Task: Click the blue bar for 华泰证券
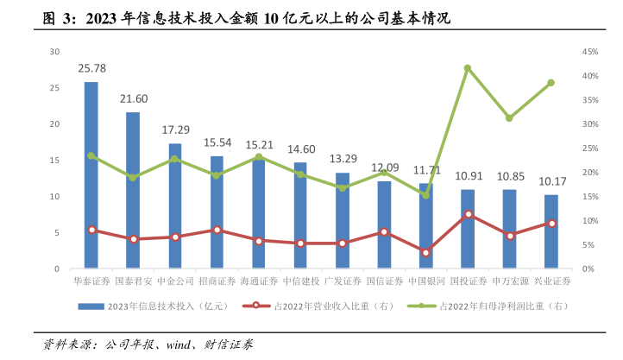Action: pyautogui.click(x=91, y=177)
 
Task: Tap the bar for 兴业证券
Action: pyautogui.click(x=551, y=231)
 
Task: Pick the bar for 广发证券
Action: pyautogui.click(x=342, y=221)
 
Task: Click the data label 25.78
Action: pyautogui.click(x=91, y=67)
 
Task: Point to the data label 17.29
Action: pyautogui.click(x=175, y=129)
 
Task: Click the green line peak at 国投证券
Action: pyautogui.click(x=467, y=67)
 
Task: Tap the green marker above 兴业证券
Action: pyautogui.click(x=551, y=83)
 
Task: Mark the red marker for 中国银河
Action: pyautogui.click(x=425, y=252)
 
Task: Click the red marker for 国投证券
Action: pyautogui.click(x=467, y=214)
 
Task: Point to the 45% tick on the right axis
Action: pyautogui.click(x=590, y=52)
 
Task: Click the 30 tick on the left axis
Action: pyautogui.click(x=53, y=52)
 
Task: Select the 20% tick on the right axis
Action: pyautogui.click(x=590, y=173)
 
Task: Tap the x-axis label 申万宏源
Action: pyautogui.click(x=509, y=281)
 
